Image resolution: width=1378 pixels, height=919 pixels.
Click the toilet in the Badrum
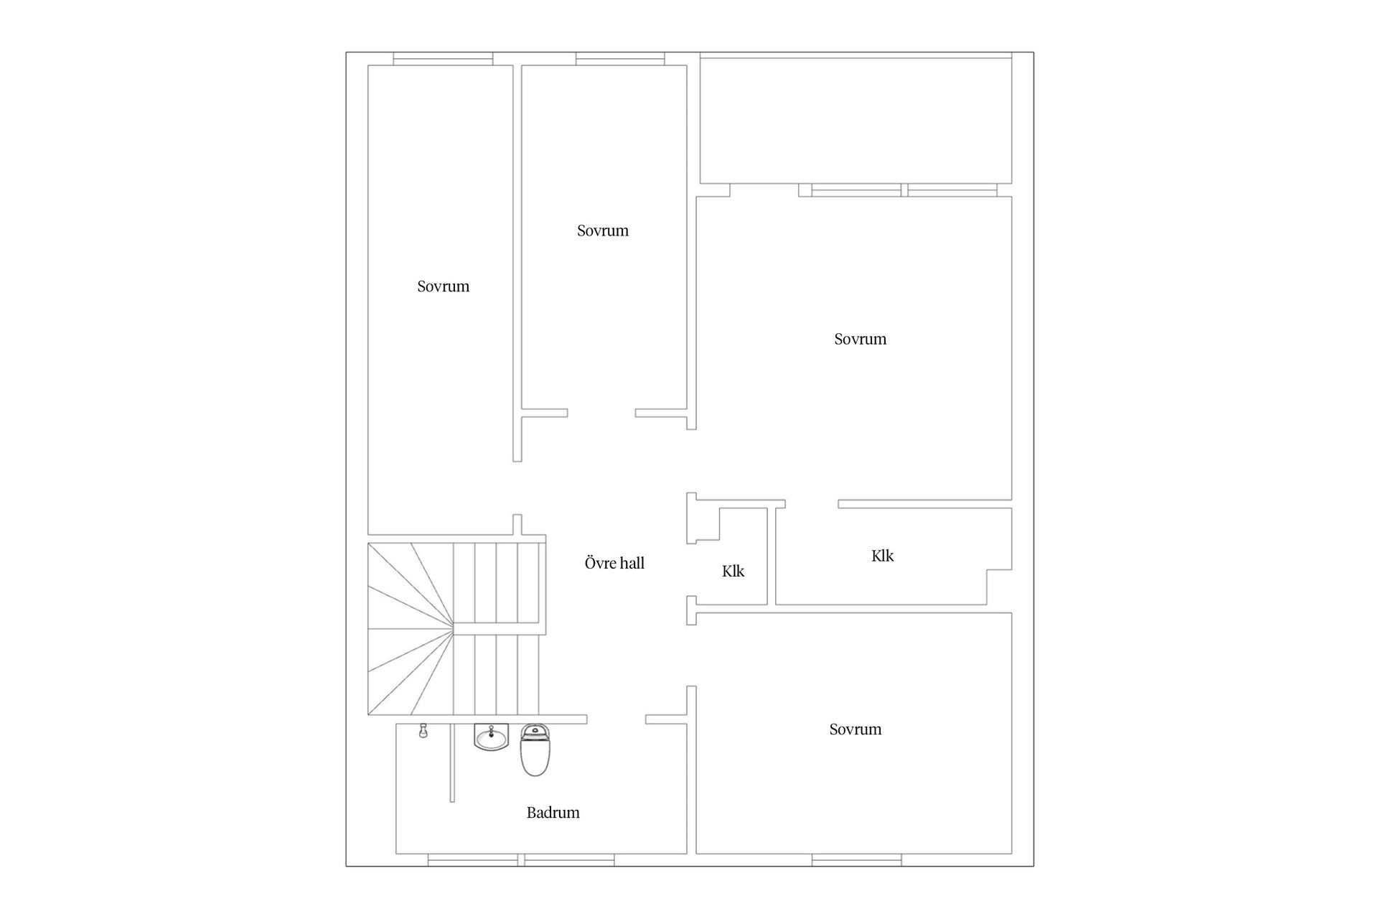tap(535, 750)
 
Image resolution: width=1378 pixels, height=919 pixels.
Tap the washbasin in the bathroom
tap(491, 737)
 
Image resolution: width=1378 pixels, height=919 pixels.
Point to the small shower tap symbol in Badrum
tap(423, 731)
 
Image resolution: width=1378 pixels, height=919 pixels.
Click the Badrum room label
tap(553, 813)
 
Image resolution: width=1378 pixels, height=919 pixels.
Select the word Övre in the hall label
tap(598, 563)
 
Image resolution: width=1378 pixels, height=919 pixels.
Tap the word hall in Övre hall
tap(631, 563)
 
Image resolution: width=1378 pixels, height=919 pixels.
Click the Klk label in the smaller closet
tap(733, 572)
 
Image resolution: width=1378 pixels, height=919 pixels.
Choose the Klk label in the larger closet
tap(882, 556)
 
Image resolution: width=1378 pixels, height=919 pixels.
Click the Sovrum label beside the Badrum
tap(855, 729)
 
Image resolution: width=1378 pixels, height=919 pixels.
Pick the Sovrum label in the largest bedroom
tap(860, 339)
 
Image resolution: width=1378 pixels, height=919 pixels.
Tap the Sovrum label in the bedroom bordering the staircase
tap(443, 286)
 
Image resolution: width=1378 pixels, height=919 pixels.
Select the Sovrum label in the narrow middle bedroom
tap(602, 230)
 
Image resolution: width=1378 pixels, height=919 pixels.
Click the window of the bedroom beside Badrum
tap(857, 860)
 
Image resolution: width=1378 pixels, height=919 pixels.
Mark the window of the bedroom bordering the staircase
tap(443, 59)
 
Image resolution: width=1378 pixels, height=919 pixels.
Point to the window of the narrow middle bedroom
tap(620, 59)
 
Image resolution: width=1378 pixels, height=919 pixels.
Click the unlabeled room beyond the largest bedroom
tap(856, 120)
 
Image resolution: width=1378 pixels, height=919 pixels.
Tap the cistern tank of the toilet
tap(535, 732)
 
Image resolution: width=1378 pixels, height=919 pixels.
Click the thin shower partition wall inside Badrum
tap(452, 762)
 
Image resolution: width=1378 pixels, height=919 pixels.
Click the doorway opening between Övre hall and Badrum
tap(616, 719)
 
